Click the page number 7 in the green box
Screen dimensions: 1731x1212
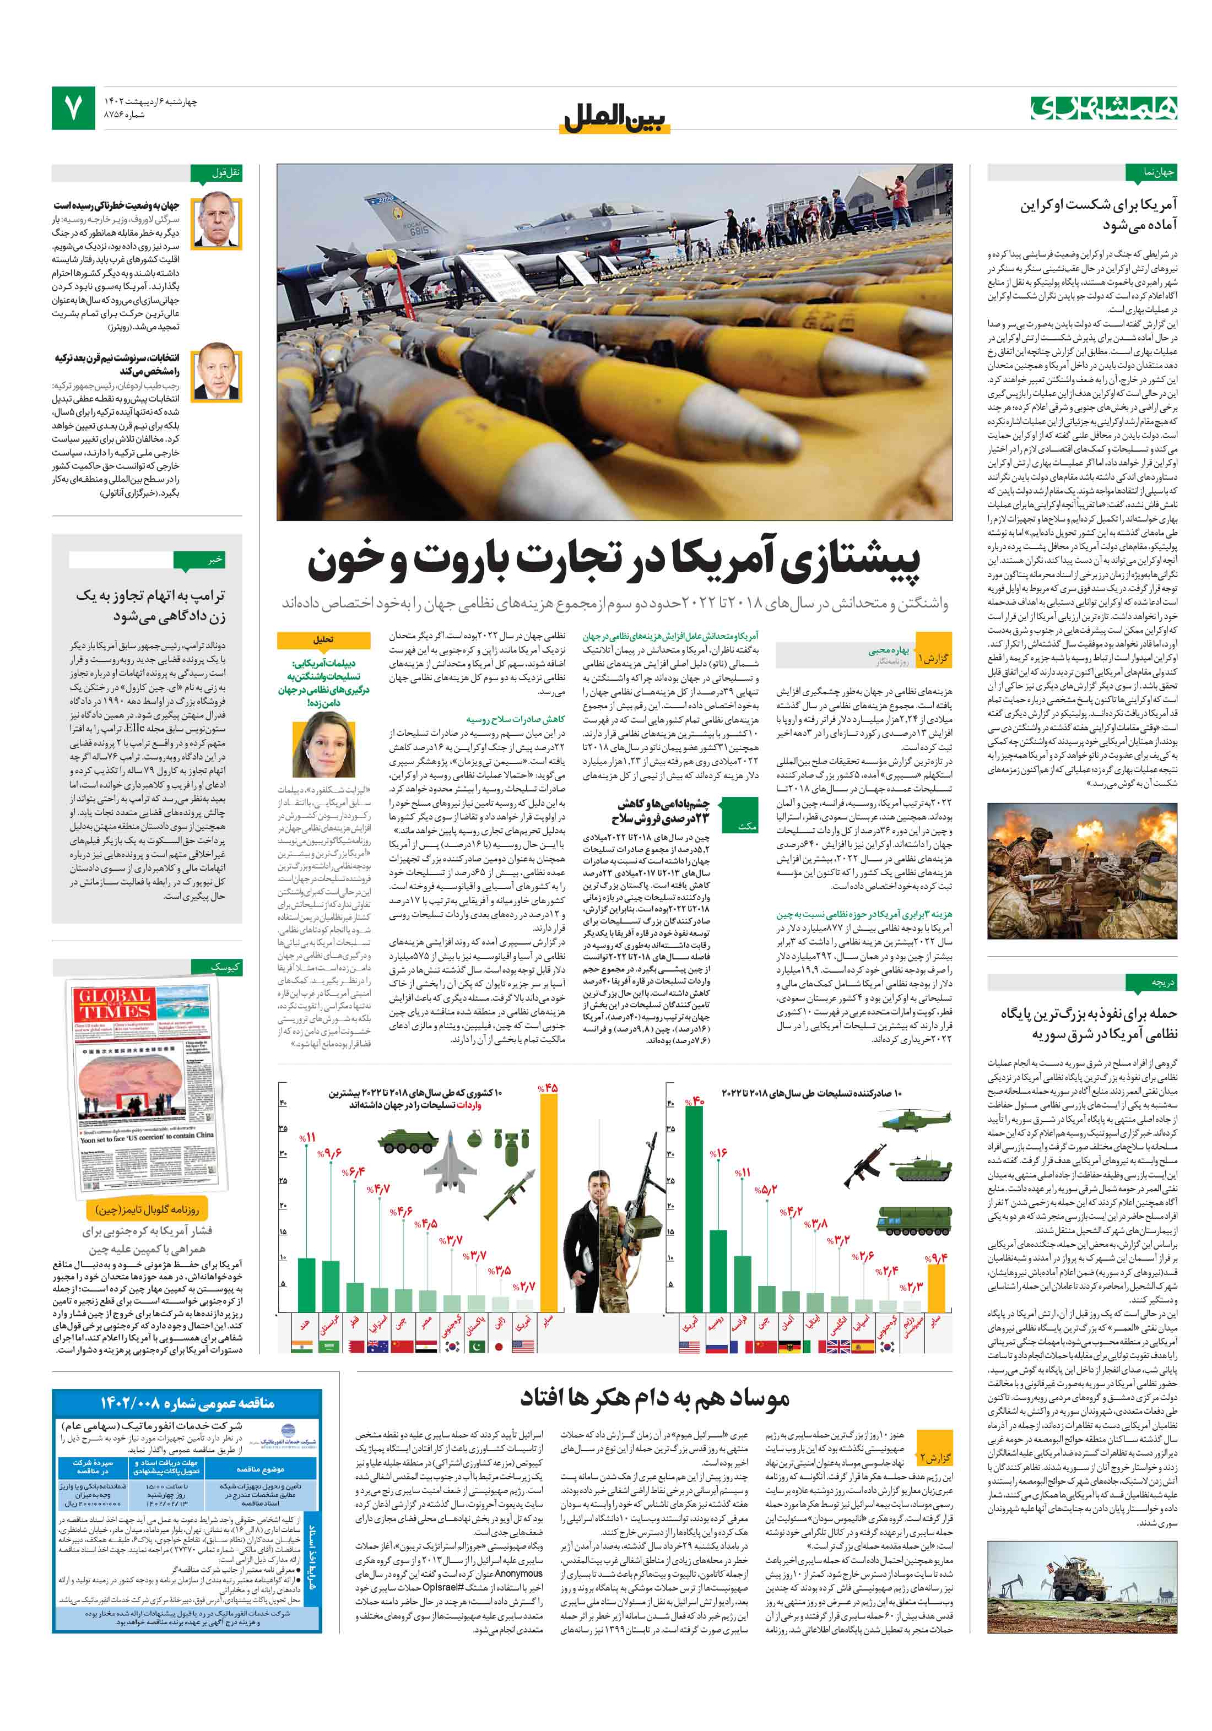tap(73, 108)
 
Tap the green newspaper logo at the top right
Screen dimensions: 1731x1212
tap(1102, 108)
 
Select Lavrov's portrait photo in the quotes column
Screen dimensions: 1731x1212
tap(217, 223)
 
